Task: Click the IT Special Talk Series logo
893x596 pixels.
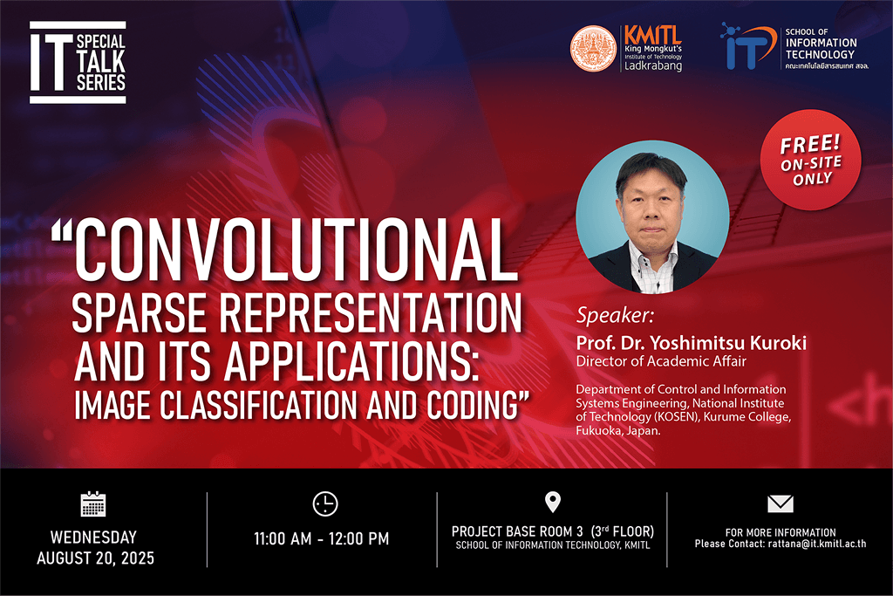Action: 78,63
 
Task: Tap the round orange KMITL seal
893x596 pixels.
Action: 592,48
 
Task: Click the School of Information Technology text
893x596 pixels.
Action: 821,48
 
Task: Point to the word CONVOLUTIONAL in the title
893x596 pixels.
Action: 289,250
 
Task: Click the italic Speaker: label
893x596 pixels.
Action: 614,315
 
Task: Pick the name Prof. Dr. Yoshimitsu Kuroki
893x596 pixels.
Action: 691,343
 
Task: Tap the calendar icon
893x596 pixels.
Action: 92,504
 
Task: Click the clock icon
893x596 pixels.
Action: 324,504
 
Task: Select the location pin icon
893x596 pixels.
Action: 552,502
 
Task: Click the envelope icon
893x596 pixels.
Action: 781,504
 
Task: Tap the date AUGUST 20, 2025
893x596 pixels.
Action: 95,558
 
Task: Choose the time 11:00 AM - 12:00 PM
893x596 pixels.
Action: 322,539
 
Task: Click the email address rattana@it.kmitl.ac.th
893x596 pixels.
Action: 817,545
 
